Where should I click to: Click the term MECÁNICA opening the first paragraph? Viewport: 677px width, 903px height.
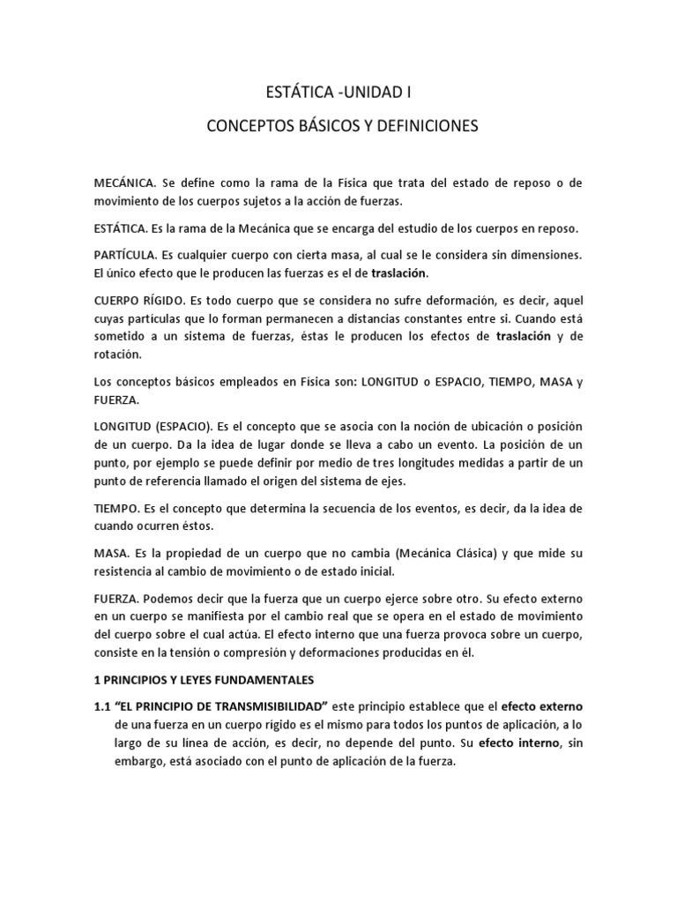[124, 183]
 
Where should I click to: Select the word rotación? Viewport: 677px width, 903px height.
[119, 355]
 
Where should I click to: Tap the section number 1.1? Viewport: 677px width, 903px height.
[103, 706]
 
